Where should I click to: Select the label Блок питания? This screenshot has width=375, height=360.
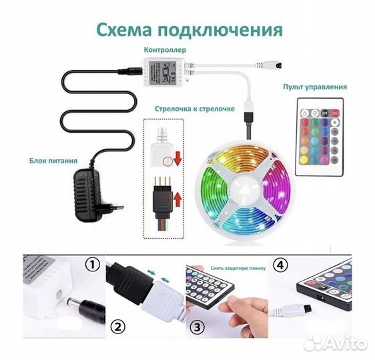53,161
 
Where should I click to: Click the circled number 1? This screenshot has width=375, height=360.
93,265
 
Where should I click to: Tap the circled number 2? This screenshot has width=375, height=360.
118,327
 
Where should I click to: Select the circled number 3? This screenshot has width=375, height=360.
198,327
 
